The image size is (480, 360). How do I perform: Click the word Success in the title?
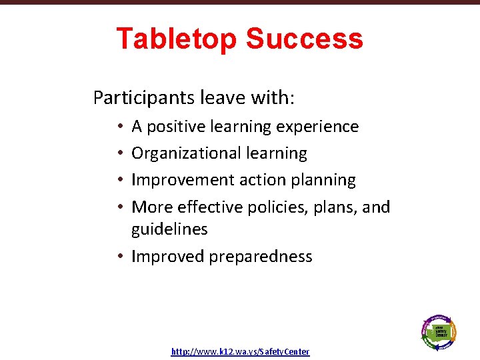pos(305,39)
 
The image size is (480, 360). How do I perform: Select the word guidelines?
pos(169,229)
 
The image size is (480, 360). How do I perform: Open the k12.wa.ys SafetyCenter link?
pos(240,351)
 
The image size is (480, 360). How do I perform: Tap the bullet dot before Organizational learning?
pos(118,154)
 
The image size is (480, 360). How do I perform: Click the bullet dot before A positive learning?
pos(118,127)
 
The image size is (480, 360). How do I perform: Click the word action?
pos(277,180)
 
